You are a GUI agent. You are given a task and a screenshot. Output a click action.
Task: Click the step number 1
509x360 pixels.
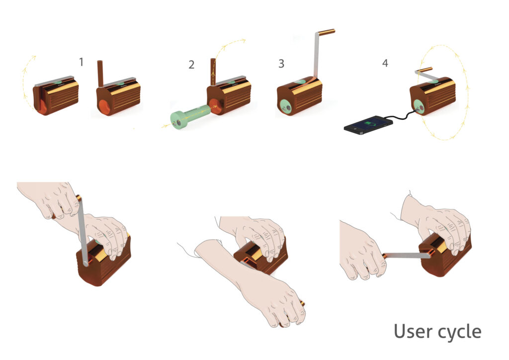click(x=81, y=62)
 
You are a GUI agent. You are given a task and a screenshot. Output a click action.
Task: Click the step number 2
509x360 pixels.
click(x=191, y=65)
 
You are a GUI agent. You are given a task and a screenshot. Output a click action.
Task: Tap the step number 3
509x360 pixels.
click(x=281, y=64)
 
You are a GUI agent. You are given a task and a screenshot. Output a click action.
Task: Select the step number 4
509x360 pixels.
click(x=385, y=63)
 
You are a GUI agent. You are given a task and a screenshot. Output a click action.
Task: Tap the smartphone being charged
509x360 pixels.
click(x=368, y=125)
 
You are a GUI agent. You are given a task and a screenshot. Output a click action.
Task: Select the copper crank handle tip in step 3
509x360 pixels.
click(x=326, y=32)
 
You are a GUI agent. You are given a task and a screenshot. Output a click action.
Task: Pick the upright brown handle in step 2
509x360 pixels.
click(x=213, y=72)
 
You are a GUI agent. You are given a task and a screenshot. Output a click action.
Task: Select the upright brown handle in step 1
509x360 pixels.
click(x=100, y=74)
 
